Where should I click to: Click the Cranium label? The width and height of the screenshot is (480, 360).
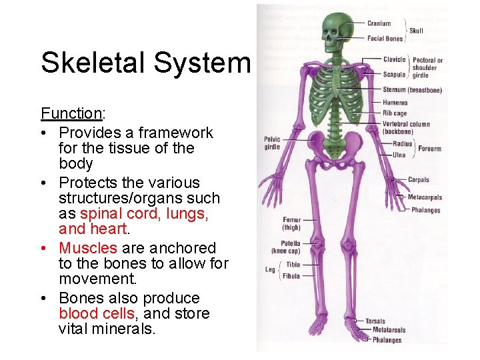(379, 23)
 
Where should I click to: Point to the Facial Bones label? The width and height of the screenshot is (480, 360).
(385, 39)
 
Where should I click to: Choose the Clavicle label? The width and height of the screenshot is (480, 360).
(394, 59)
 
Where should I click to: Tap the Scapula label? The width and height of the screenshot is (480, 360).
(394, 75)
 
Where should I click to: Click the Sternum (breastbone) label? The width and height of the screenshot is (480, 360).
(412, 90)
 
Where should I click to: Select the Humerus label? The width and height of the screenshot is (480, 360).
(395, 103)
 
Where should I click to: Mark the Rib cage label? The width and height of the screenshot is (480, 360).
(395, 113)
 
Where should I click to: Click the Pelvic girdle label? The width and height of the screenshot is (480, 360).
(272, 143)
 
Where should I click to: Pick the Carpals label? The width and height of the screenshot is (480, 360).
(419, 180)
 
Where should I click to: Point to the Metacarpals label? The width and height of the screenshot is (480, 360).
(425, 197)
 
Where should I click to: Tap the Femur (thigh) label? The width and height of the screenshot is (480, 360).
(291, 223)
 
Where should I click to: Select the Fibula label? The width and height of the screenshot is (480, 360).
(291, 275)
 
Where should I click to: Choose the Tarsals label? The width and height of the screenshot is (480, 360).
(375, 321)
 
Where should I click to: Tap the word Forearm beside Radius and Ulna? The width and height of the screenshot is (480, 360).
(430, 149)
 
